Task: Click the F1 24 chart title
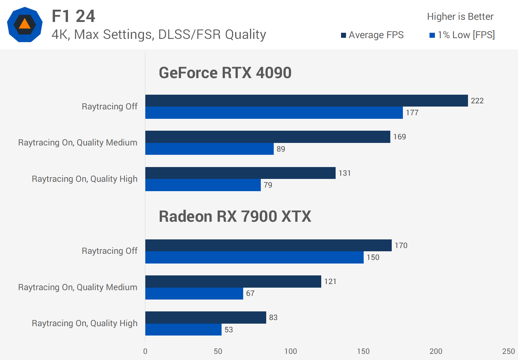coord(73,16)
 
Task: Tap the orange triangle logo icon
coord(24,24)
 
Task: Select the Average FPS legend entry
coord(372,35)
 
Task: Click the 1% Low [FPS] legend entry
coord(462,35)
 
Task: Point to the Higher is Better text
coord(460,17)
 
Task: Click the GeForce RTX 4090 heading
coord(225,73)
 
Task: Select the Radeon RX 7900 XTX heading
coord(235,216)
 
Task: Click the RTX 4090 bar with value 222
coord(306,101)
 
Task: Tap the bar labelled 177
coord(274,113)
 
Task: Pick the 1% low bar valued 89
coord(209,149)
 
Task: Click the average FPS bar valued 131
coord(240,173)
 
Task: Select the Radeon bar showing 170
coord(268,246)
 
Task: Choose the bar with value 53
coord(183,330)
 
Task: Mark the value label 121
coord(330,282)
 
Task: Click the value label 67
coord(250,293)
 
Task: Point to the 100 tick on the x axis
coord(291,351)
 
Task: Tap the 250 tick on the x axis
coord(509,351)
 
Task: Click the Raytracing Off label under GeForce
coord(110,107)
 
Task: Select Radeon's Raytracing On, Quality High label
coord(85,323)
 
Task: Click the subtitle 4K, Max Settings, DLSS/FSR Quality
coord(159,35)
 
